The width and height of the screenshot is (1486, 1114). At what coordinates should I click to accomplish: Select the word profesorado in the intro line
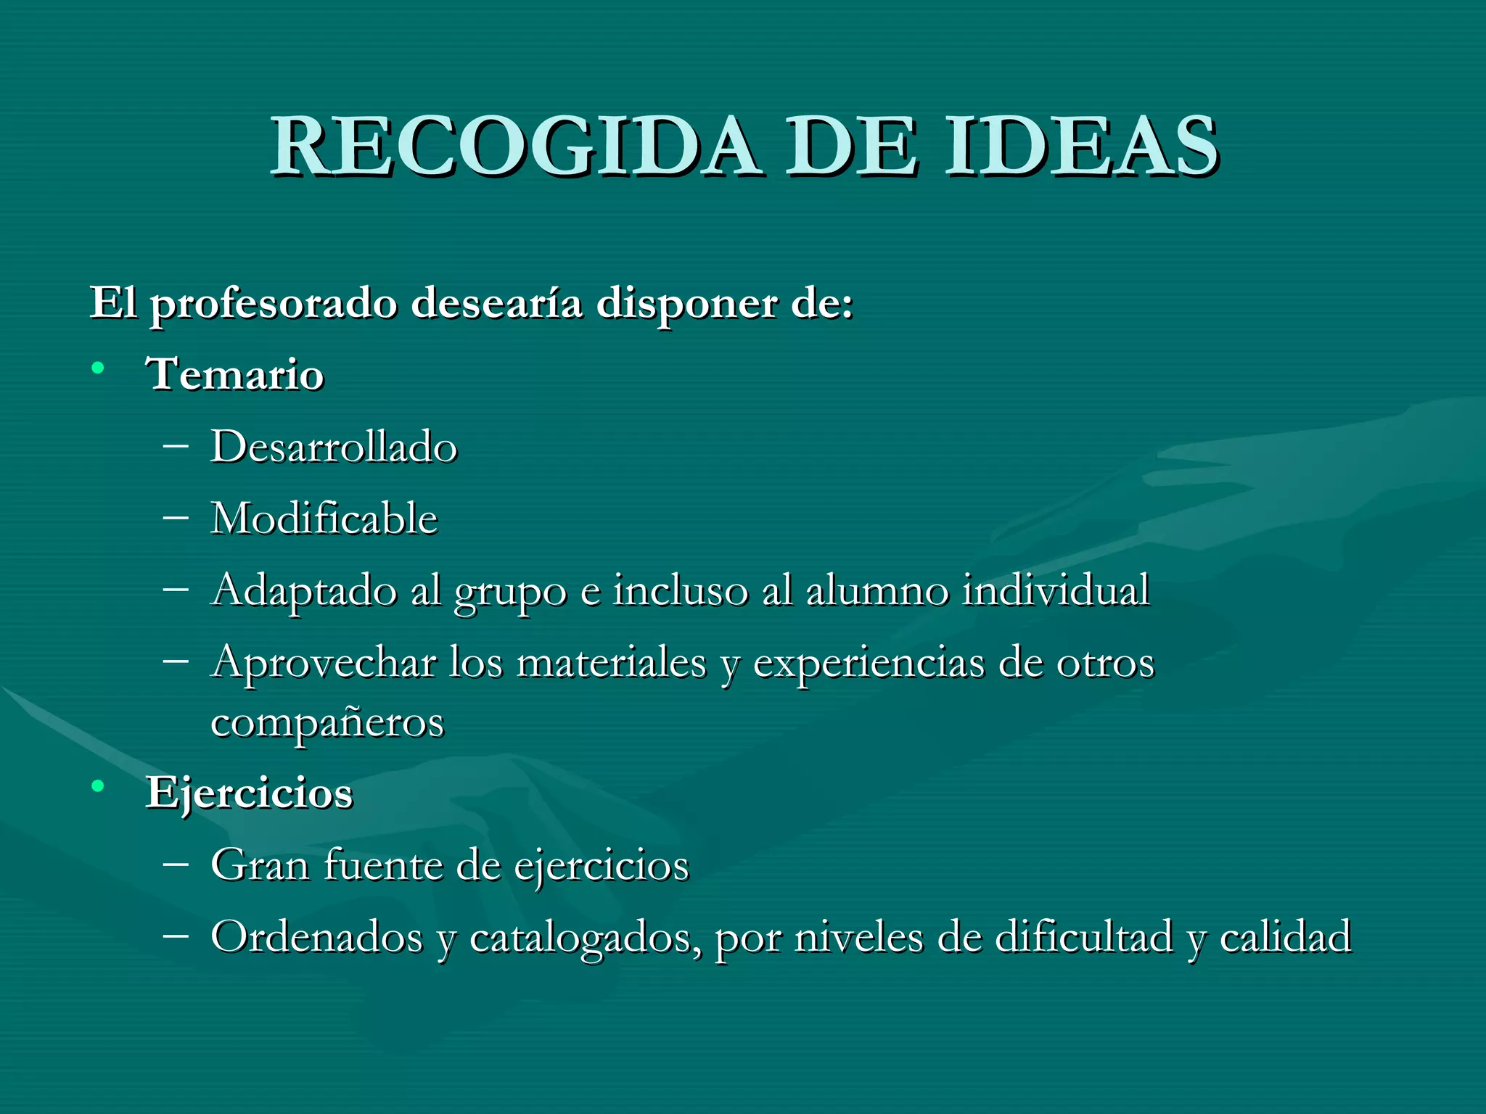(274, 304)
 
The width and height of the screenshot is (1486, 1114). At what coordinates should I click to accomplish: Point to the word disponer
(686, 304)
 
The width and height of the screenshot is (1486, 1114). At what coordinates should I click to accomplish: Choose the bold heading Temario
(235, 375)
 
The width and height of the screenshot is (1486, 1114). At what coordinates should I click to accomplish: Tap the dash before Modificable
(176, 517)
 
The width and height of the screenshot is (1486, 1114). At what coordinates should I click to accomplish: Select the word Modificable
(324, 519)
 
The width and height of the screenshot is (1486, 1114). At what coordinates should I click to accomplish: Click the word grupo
(510, 591)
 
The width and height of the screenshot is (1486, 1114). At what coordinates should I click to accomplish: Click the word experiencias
(869, 664)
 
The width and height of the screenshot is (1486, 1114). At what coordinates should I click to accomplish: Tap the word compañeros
(327, 722)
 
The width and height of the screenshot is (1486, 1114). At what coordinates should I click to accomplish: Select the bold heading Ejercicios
(250, 793)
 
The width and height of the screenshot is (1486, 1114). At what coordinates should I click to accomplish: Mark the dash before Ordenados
(176, 935)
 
